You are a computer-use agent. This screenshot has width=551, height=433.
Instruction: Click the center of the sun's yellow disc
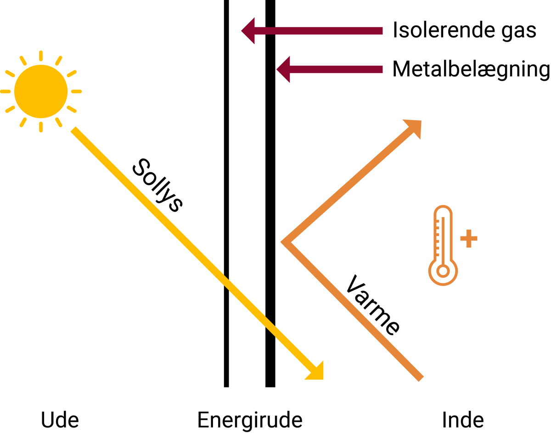point(41,91)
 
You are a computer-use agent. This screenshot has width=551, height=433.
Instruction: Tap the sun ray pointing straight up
point(41,56)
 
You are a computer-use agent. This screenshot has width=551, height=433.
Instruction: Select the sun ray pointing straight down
point(41,127)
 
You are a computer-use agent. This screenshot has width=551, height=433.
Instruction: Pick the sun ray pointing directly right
point(76,91)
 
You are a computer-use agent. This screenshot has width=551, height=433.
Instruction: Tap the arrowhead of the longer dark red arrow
point(248,31)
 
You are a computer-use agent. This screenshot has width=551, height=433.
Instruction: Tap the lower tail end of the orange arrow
point(420,377)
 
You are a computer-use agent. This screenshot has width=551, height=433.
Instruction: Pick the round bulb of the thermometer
point(443,271)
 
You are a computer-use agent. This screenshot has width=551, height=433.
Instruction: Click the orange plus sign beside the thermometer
point(469,239)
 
